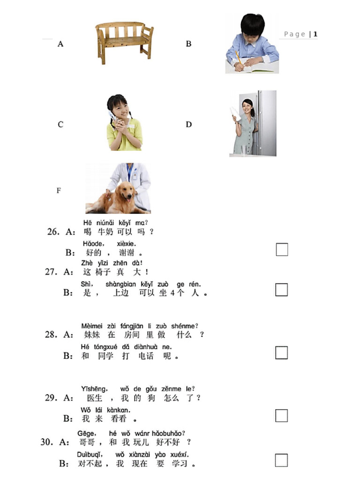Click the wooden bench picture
point(124,43)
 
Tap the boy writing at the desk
point(251,45)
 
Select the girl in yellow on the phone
point(124,123)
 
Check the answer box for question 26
point(282,250)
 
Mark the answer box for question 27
point(281,290)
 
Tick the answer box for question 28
point(281,352)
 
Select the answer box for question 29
point(281,416)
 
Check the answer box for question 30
point(281,460)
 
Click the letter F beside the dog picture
point(59,191)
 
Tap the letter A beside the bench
point(60,44)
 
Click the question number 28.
point(51,335)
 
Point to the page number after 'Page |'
point(315,34)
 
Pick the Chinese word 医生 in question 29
point(95,398)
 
